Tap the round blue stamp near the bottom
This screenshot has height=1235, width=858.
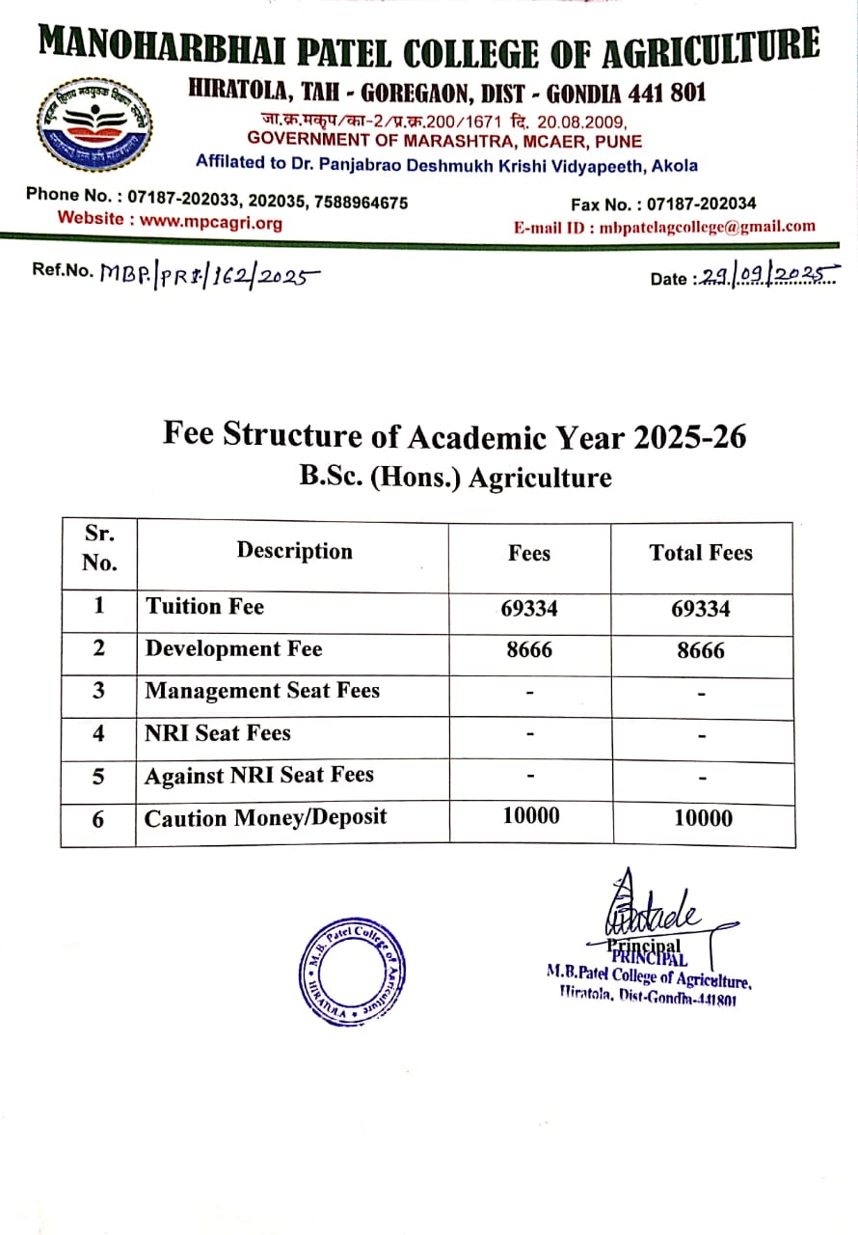click(350, 971)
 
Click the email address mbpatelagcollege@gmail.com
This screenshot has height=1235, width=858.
click(707, 227)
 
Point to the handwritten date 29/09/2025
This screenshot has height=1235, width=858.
click(766, 276)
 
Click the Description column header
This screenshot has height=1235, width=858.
click(294, 551)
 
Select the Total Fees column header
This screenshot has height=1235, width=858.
click(701, 553)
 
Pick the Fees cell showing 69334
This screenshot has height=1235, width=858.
click(529, 609)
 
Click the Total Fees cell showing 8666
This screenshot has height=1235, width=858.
click(701, 651)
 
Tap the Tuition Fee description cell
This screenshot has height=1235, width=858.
click(204, 607)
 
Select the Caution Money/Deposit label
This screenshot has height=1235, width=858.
click(265, 818)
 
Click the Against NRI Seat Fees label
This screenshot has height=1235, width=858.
click(258, 776)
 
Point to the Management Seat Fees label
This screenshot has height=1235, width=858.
click(262, 691)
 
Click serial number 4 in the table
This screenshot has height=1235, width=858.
click(98, 733)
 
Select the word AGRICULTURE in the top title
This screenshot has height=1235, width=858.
click(711, 48)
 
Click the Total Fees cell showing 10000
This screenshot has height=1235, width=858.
click(703, 819)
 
